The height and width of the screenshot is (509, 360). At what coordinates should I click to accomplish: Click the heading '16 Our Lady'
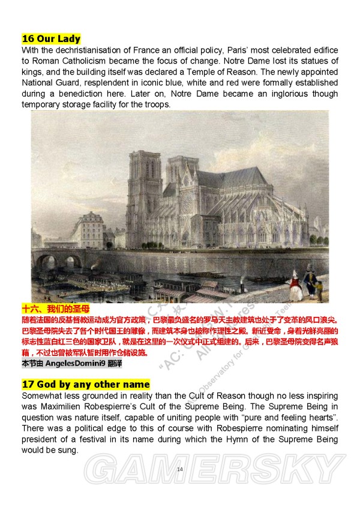click(x=51, y=39)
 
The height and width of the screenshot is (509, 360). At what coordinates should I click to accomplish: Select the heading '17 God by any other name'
click(x=86, y=384)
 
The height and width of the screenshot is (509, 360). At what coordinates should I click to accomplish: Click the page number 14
click(x=180, y=469)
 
